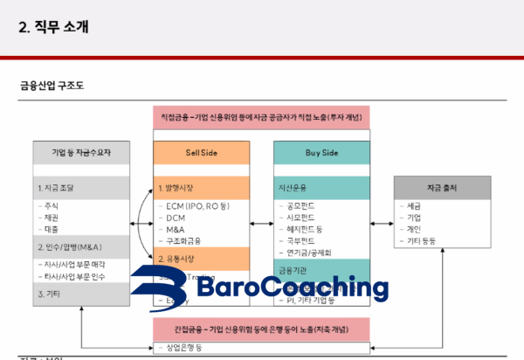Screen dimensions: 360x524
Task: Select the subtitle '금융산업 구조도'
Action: (x=52, y=86)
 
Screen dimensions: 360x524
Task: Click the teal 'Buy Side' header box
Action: (x=321, y=152)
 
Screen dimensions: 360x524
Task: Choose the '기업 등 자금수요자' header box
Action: (x=81, y=152)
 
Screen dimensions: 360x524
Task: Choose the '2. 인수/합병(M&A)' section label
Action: (x=73, y=247)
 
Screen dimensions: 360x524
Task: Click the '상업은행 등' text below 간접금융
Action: (x=183, y=348)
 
